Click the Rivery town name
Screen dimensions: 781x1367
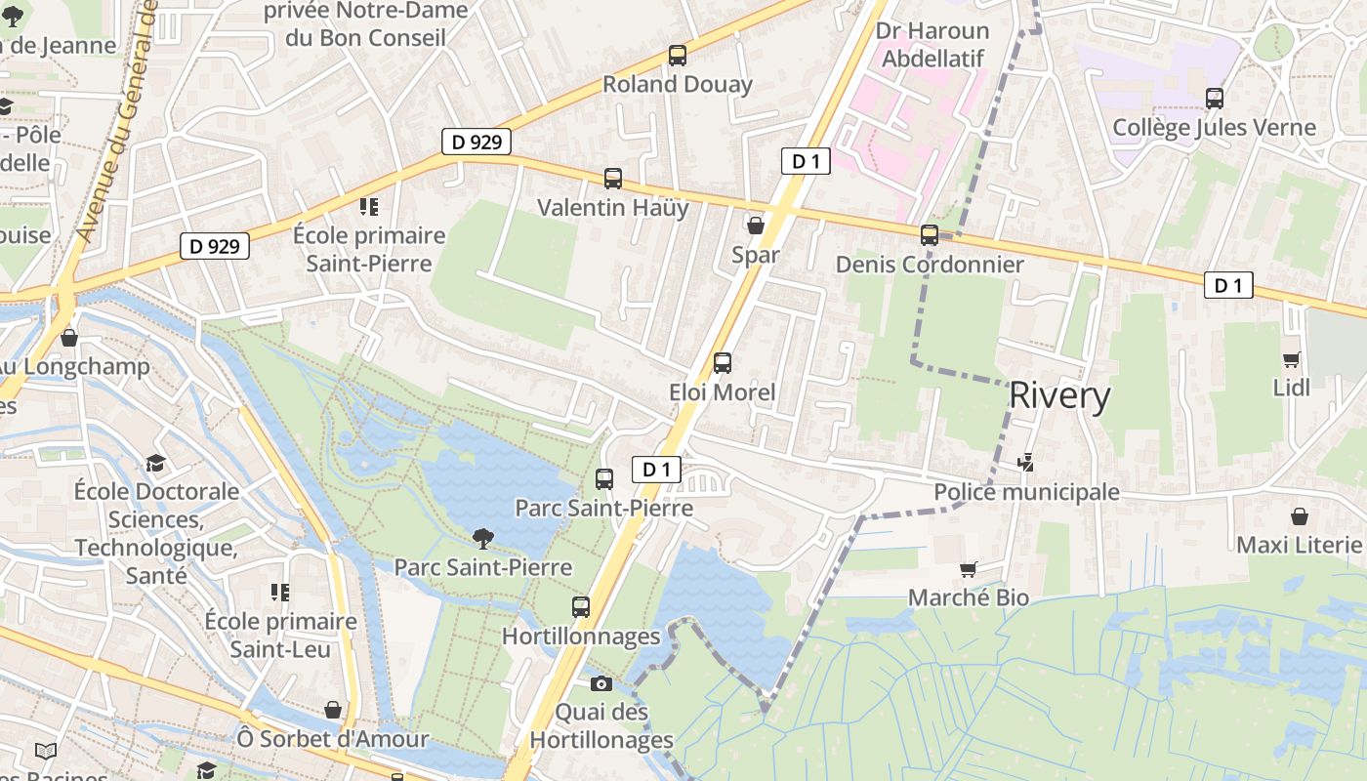pos(1059,395)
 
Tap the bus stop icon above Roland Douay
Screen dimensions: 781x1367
pos(678,56)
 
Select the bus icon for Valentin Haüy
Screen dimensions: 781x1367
pos(613,179)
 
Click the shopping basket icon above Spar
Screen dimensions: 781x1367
pos(756,226)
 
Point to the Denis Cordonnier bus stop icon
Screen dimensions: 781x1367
pos(930,235)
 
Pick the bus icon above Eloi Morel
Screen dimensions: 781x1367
pos(723,363)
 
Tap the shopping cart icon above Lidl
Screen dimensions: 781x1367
pos(1292,359)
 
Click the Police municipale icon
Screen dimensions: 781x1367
pos(1026,463)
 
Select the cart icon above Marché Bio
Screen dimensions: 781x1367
pos(969,569)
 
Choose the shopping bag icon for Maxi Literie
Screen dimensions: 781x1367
pos(1300,515)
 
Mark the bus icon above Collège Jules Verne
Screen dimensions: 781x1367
pos(1215,99)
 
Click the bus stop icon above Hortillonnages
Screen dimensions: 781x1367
pos(581,607)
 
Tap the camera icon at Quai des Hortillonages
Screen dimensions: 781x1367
pos(601,683)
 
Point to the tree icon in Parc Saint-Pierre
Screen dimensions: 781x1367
pos(482,537)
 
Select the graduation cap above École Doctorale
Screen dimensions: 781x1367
pos(155,463)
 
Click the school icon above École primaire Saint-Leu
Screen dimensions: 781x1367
pos(280,593)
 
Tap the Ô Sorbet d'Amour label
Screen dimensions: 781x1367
pos(333,739)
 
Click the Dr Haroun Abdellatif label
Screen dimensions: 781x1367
pos(932,45)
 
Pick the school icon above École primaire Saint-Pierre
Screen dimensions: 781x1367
pos(369,206)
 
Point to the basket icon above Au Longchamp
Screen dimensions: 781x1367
pos(69,338)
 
